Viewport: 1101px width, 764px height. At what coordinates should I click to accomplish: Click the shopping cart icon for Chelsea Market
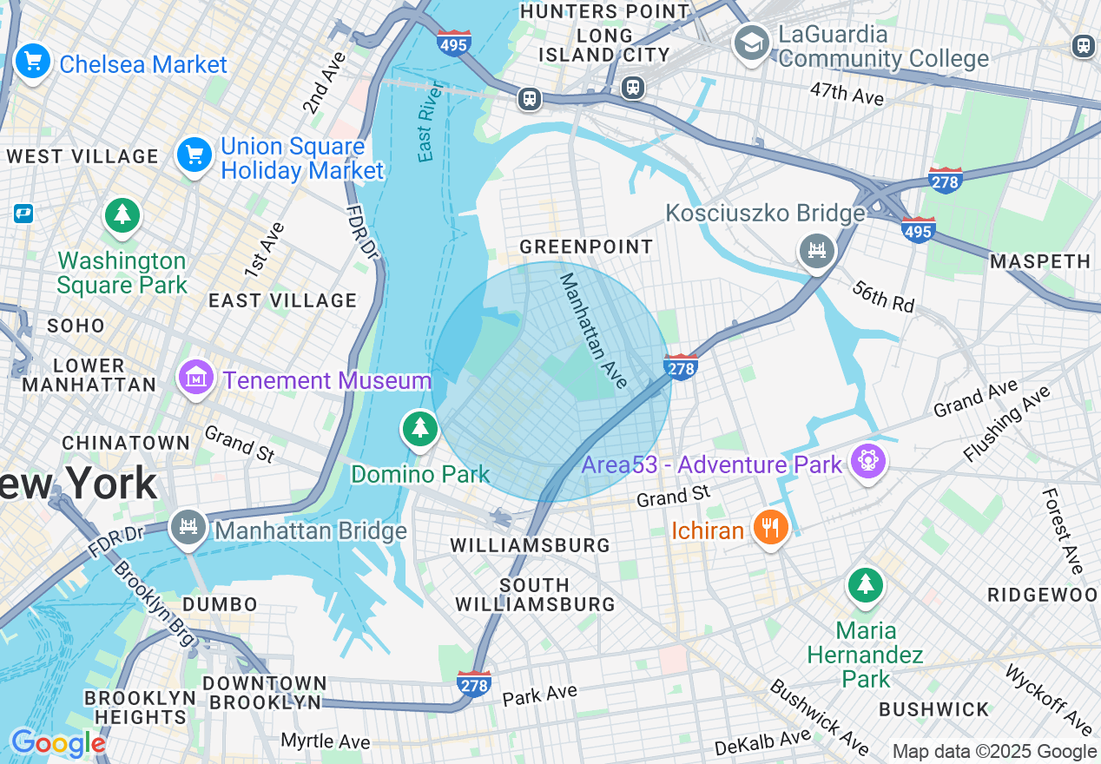tap(33, 63)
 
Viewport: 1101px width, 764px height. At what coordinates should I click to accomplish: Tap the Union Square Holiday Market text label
tap(301, 159)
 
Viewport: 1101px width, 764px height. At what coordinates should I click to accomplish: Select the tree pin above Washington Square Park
tap(122, 214)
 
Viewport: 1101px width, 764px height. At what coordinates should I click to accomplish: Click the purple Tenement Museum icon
tap(197, 379)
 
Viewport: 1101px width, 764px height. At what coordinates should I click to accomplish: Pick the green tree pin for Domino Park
tap(420, 428)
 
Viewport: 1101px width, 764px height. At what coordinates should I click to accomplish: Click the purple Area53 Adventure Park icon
tap(867, 461)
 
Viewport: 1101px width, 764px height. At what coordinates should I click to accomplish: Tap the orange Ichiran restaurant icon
tap(769, 527)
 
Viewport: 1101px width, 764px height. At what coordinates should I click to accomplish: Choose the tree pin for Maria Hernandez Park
tap(865, 584)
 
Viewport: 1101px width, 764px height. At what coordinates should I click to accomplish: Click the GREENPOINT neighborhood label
tap(586, 247)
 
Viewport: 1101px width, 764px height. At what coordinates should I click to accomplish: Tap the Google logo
tap(57, 744)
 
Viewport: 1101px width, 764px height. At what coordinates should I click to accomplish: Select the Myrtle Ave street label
tap(326, 741)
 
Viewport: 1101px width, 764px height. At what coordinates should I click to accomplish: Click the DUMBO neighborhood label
tap(220, 604)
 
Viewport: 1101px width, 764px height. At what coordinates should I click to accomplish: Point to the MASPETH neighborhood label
tap(1040, 261)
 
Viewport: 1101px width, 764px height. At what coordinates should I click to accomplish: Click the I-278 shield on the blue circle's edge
tap(681, 368)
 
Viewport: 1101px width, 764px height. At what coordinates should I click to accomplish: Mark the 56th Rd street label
tap(883, 296)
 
